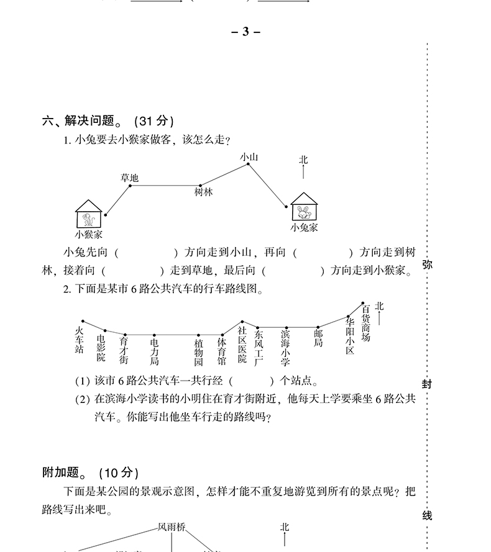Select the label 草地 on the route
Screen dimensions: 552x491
(x=129, y=178)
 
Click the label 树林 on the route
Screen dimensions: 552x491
(x=203, y=192)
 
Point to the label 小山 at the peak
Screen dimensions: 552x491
(x=249, y=158)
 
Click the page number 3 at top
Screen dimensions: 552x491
(x=245, y=32)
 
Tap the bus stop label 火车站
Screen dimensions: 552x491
(x=79, y=340)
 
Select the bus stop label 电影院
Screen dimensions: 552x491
(x=101, y=348)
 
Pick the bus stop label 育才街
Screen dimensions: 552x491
(x=123, y=350)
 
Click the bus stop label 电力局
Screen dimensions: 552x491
(x=154, y=351)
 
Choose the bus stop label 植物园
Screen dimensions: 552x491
(x=198, y=352)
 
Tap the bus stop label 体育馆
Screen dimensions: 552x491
(x=222, y=351)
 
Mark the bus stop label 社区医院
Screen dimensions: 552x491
(x=242, y=345)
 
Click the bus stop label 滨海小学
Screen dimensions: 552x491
(x=285, y=348)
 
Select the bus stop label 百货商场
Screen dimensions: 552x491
(x=365, y=322)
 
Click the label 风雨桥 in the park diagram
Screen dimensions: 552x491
(x=172, y=527)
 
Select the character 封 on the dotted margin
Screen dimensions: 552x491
(x=427, y=384)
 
